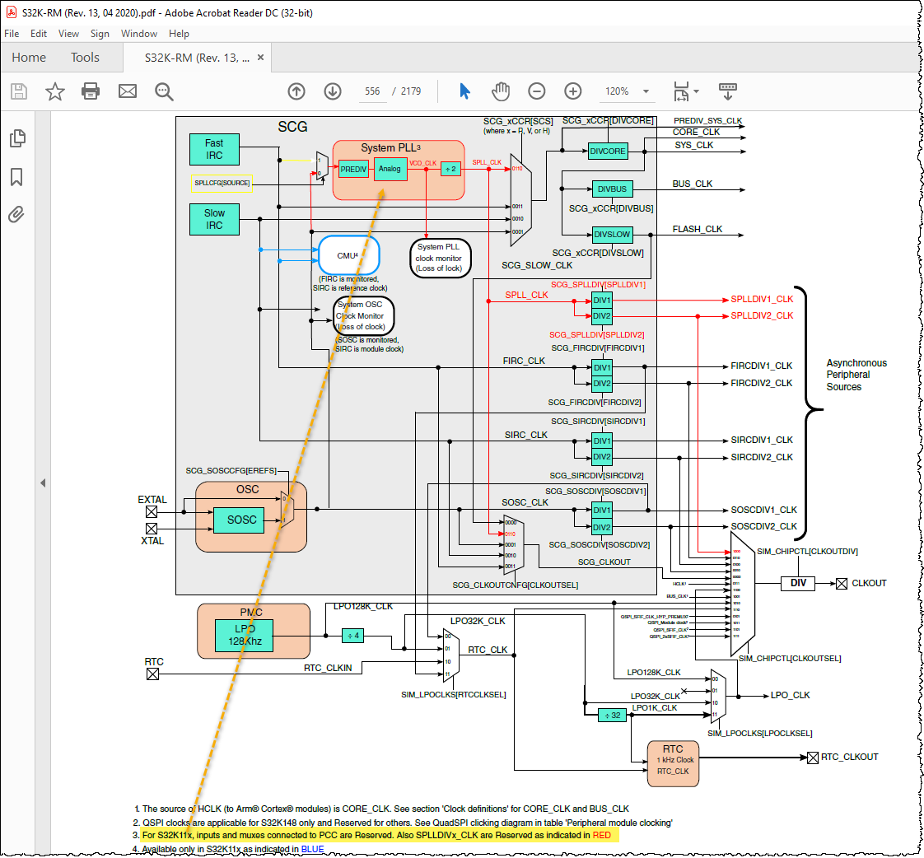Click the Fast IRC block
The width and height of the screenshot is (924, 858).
[x=214, y=149]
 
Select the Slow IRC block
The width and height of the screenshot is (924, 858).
[x=214, y=219]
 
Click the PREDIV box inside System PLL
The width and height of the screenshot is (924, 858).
[x=353, y=169]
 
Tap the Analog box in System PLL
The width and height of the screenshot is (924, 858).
[x=390, y=169]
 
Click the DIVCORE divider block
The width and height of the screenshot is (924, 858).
[x=608, y=151]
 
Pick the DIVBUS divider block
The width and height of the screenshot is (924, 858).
[x=612, y=189]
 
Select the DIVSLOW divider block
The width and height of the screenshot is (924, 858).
[x=612, y=235]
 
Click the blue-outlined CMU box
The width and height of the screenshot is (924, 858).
[x=348, y=255]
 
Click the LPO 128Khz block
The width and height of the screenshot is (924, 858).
[x=243, y=635]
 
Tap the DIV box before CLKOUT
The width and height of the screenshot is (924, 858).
[x=797, y=583]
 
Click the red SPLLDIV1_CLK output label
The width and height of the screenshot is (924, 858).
[x=762, y=299]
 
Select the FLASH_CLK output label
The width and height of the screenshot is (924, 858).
[x=697, y=229]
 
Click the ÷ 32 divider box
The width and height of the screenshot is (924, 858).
[x=612, y=716]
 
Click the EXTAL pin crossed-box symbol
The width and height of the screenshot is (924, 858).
[x=152, y=512]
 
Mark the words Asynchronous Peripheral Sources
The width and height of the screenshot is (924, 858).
[x=856, y=375]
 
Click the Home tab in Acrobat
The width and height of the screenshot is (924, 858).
[x=29, y=58]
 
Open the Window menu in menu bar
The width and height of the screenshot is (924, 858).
[x=139, y=34]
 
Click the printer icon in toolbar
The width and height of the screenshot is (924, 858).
[x=91, y=91]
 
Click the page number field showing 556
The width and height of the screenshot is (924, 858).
[x=372, y=91]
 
